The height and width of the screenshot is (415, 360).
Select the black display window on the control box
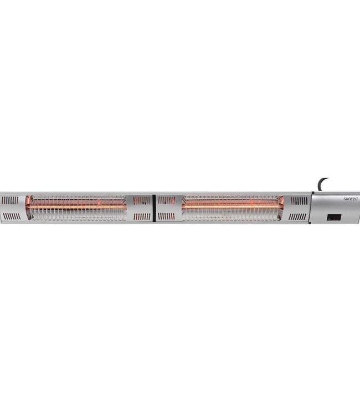click(x=333, y=217)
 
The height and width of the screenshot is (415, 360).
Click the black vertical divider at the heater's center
click(x=153, y=207)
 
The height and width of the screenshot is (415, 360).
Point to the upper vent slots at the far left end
click(x=10, y=200)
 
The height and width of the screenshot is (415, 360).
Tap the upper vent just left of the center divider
click(x=142, y=200)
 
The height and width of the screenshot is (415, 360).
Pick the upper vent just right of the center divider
click(x=166, y=200)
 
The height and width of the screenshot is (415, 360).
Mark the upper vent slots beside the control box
click(x=299, y=200)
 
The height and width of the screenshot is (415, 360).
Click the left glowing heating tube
click(x=78, y=207)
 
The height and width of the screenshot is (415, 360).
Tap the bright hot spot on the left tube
click(x=100, y=204)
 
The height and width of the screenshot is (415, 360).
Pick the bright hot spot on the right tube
click(x=251, y=204)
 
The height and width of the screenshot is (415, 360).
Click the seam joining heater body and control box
click(x=311, y=207)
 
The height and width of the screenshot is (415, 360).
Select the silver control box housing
click(x=335, y=207)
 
